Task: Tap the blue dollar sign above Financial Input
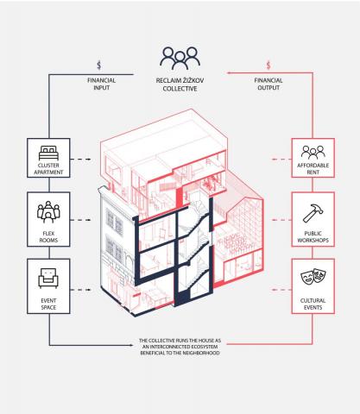click(x=99, y=66)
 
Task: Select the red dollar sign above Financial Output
click(x=268, y=66)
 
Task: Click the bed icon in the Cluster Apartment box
click(x=48, y=154)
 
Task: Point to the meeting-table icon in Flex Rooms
click(x=48, y=212)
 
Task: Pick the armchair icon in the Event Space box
click(x=48, y=278)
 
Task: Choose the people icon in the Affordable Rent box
click(x=313, y=153)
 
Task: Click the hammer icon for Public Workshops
click(x=313, y=213)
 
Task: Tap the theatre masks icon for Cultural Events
click(x=313, y=277)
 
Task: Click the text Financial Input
click(x=101, y=84)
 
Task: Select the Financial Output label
click(x=268, y=84)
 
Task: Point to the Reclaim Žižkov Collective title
click(x=180, y=85)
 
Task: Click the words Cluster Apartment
click(x=48, y=169)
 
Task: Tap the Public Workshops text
click(x=313, y=236)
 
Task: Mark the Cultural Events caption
click(x=313, y=304)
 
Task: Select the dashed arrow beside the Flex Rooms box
click(x=81, y=220)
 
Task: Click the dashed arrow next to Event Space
click(x=81, y=290)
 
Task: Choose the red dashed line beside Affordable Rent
click(x=281, y=159)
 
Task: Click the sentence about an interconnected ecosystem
click(x=180, y=347)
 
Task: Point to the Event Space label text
click(x=48, y=304)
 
